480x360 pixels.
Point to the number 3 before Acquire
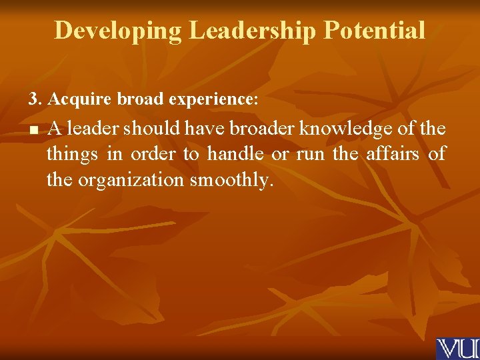tap(33, 99)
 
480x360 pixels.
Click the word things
tap(72, 155)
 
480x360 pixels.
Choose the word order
tap(153, 154)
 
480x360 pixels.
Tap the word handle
tap(235, 154)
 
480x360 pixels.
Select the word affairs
tap(393, 154)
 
